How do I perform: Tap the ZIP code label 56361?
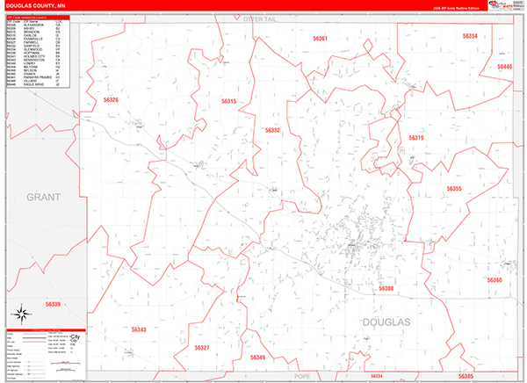point(320,40)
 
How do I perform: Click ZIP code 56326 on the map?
point(111,101)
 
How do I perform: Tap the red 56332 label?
point(272,130)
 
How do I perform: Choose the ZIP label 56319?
point(415,138)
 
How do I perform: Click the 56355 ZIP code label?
point(453,190)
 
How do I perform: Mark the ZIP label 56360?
point(494,280)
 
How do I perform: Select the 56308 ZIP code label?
point(386,288)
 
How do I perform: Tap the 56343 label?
point(139,329)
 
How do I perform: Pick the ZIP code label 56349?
point(257,358)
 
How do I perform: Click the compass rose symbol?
point(19,314)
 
